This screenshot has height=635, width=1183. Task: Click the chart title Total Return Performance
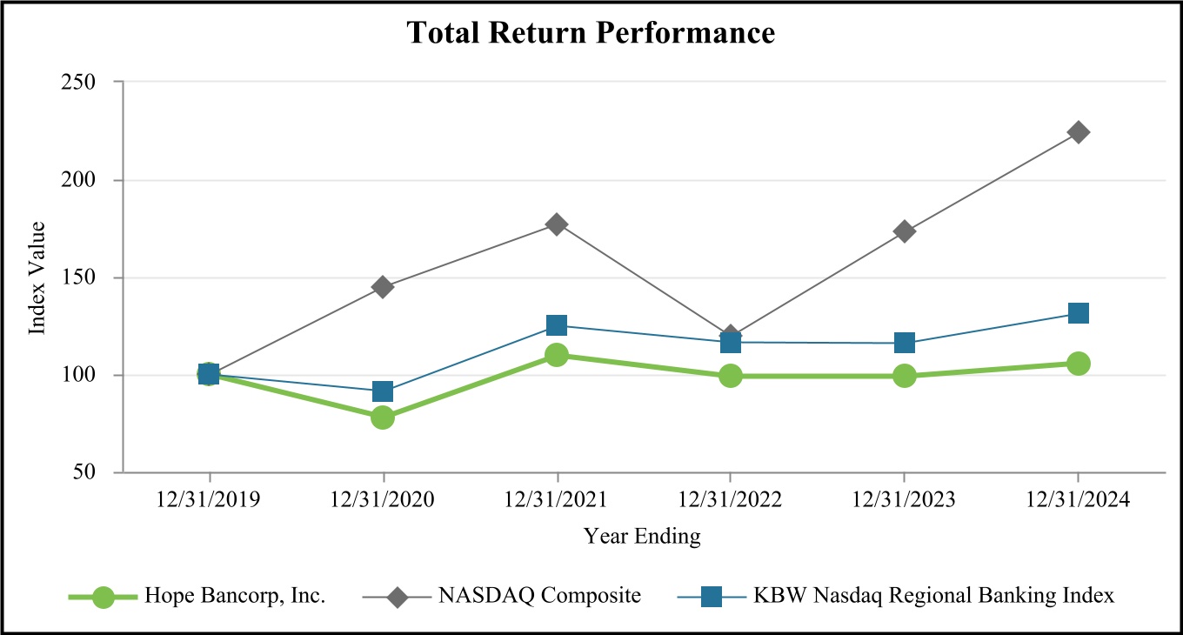tap(591, 33)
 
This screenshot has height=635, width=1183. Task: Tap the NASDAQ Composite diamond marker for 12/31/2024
tap(1079, 132)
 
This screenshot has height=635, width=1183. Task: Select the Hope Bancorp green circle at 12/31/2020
tap(383, 418)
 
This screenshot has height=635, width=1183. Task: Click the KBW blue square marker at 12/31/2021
tap(557, 325)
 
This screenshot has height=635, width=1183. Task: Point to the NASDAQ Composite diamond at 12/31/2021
tap(557, 224)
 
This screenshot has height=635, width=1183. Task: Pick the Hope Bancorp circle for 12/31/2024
tap(1079, 364)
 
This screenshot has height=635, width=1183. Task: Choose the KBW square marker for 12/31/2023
tap(905, 343)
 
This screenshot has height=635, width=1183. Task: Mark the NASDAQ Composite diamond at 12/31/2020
tap(383, 287)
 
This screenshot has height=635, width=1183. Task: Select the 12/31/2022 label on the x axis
tap(731, 501)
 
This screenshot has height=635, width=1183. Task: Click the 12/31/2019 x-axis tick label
tap(209, 501)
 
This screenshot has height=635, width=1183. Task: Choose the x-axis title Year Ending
tap(642, 537)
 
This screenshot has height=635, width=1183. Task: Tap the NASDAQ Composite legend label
tap(540, 597)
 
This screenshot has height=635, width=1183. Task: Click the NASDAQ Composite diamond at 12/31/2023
tap(905, 231)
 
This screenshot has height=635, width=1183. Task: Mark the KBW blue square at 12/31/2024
tap(1079, 313)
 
